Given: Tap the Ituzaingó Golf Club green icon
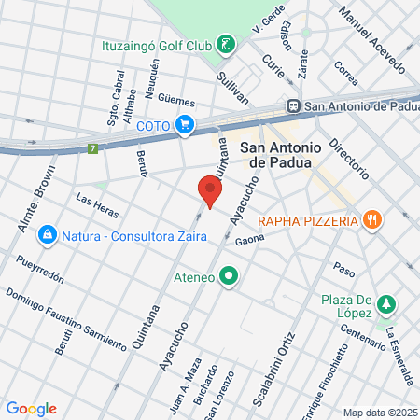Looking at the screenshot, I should pos(225,44).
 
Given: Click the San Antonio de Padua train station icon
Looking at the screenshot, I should pos(293,106).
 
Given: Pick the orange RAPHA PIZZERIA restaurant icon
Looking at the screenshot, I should pos(372,220).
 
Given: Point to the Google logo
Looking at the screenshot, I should pos(31,408).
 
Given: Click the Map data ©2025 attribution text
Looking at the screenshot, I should pos(379,413).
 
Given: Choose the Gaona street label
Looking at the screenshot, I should pos(250,239).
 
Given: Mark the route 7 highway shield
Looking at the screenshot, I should pos(92,148).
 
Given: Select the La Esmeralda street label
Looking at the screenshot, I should pos(401,355).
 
